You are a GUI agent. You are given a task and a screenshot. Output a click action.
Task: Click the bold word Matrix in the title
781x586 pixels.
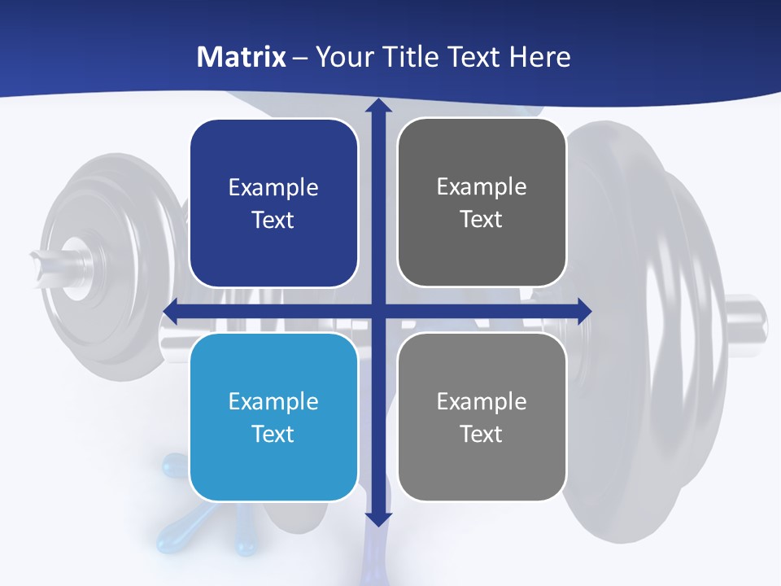coord(242,57)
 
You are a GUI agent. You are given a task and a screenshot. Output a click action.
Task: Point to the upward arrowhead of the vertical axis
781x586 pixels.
coord(377,107)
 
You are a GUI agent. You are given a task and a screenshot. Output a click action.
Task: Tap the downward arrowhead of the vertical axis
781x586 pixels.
coord(377,518)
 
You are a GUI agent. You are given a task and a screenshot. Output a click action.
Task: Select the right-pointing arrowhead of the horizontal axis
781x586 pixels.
coord(583,311)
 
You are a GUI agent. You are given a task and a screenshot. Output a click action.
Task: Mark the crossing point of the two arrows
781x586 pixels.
coord(377,311)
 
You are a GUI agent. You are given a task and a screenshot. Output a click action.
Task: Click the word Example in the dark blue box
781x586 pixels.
coord(273,188)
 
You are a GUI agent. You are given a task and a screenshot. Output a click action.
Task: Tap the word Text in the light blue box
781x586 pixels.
coord(273,434)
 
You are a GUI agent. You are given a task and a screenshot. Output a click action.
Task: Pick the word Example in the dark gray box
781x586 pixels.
coord(482,187)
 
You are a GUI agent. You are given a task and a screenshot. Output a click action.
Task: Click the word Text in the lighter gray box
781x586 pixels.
coord(482,434)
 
